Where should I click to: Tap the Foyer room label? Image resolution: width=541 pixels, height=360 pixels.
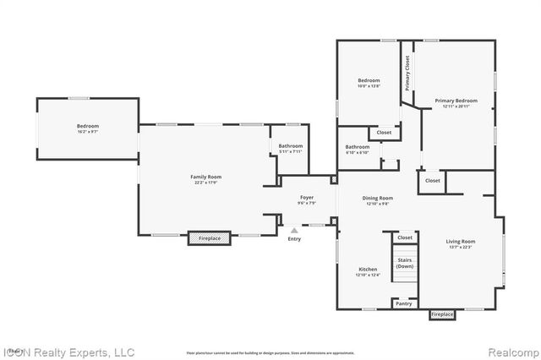306,199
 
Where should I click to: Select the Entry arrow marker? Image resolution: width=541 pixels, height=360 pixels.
294,229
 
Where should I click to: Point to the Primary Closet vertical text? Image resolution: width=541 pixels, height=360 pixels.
407,73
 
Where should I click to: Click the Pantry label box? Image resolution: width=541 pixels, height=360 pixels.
404,303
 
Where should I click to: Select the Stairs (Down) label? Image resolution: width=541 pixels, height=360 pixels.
405,262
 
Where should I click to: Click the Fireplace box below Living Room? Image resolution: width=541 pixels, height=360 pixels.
442,314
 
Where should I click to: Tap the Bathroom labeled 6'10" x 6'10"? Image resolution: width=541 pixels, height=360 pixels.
357,150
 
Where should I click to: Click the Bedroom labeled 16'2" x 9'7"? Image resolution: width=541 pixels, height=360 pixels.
88,128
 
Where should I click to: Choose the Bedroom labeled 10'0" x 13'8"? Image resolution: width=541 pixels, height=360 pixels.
369,83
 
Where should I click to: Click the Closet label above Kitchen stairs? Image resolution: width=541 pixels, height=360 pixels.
405,237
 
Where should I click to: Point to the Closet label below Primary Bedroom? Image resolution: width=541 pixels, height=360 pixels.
432,180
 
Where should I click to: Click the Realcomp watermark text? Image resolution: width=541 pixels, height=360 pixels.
512,352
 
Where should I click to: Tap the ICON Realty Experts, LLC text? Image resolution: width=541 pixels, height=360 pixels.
68,352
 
